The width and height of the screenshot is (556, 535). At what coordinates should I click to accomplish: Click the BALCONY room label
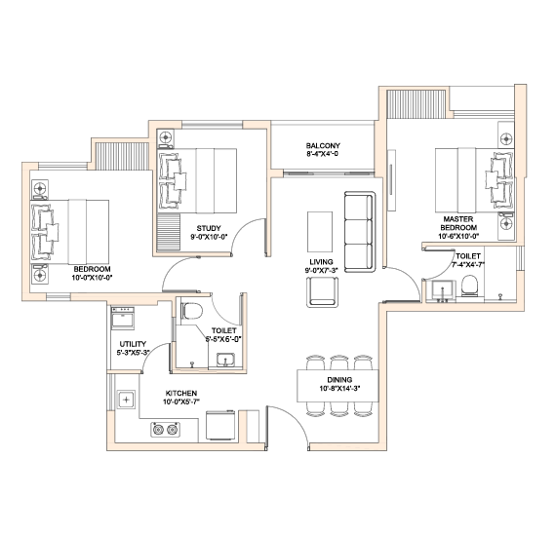click(323, 145)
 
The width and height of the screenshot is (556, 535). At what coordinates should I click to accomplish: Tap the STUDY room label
click(209, 229)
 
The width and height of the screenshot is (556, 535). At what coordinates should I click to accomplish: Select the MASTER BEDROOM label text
click(458, 223)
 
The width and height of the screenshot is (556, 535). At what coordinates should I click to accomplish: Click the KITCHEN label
click(181, 394)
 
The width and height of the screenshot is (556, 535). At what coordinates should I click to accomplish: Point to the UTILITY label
click(133, 344)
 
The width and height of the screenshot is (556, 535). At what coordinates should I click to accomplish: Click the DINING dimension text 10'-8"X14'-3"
click(339, 388)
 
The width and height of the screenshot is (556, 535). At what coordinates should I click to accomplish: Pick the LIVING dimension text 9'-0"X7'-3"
click(322, 270)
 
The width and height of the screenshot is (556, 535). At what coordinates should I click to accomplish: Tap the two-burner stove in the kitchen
click(165, 430)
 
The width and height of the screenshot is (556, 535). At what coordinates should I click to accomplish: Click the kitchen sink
click(126, 400)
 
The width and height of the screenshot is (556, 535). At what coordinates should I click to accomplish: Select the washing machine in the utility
click(123, 318)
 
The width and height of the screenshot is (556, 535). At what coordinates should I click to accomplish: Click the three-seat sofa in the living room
click(360, 232)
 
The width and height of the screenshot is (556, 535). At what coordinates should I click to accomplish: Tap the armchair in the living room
click(322, 292)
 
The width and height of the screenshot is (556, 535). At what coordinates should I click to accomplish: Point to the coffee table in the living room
click(320, 232)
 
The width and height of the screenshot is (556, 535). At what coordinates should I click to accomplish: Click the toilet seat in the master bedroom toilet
click(470, 287)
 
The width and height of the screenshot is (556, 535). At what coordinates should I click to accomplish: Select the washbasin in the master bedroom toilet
click(442, 289)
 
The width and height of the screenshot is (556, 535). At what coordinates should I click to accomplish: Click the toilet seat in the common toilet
click(191, 312)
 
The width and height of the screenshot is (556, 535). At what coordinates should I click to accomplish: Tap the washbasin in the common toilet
click(225, 360)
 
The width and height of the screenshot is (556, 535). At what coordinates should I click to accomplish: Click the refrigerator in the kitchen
click(220, 425)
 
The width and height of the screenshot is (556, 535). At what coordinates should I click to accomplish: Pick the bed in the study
click(197, 180)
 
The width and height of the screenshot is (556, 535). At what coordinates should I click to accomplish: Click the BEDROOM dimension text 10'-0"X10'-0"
click(93, 278)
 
